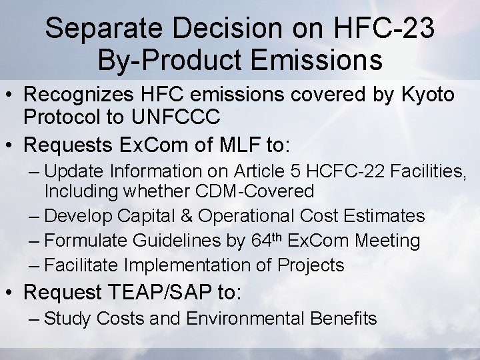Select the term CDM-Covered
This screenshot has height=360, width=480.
255,191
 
